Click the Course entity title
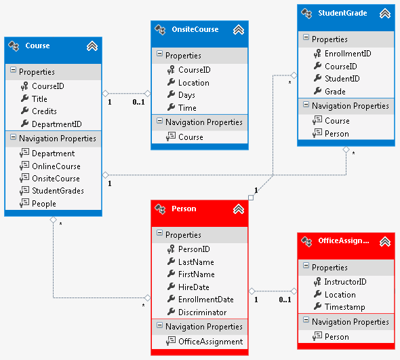pyautogui.click(x=37, y=46)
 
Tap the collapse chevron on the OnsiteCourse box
pyautogui.click(x=239, y=30)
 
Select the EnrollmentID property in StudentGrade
pyautogui.click(x=348, y=54)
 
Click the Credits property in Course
pyautogui.click(x=44, y=111)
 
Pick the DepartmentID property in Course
pyautogui.click(x=57, y=124)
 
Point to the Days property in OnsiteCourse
pyautogui.click(x=186, y=95)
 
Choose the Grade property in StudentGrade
pyautogui.click(x=335, y=92)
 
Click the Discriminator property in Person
pyautogui.click(x=202, y=312)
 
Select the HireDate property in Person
pyautogui.click(x=194, y=287)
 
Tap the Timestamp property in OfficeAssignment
pyautogui.click(x=344, y=307)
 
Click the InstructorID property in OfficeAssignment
pyautogui.click(x=345, y=282)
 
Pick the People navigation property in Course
pyautogui.click(x=44, y=204)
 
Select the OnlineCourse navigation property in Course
pyautogui.click(x=56, y=166)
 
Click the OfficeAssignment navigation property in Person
pyautogui.click(x=210, y=342)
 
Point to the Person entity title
pyautogui.click(x=184, y=209)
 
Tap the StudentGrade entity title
pyautogui.click(x=342, y=13)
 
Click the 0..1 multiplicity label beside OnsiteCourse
pyautogui.click(x=138, y=102)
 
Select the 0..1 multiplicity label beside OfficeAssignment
pyautogui.click(x=285, y=300)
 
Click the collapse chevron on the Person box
pyautogui.click(x=239, y=209)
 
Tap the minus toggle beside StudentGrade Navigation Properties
pyautogui.click(x=306, y=105)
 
